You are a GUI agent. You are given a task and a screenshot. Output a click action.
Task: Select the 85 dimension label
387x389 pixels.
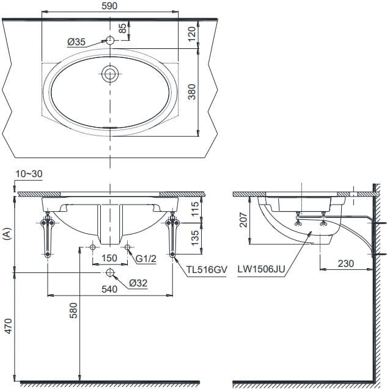click(122, 28)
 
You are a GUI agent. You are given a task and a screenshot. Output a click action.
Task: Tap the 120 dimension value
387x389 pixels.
click(191, 34)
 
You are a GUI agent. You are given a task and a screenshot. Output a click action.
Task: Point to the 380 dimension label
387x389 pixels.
click(191, 92)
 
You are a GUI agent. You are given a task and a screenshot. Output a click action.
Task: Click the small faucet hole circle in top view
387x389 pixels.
click(110, 41)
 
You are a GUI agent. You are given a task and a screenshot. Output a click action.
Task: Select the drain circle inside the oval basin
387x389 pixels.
click(110, 74)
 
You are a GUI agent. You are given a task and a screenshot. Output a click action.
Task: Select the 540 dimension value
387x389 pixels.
click(110, 290)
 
